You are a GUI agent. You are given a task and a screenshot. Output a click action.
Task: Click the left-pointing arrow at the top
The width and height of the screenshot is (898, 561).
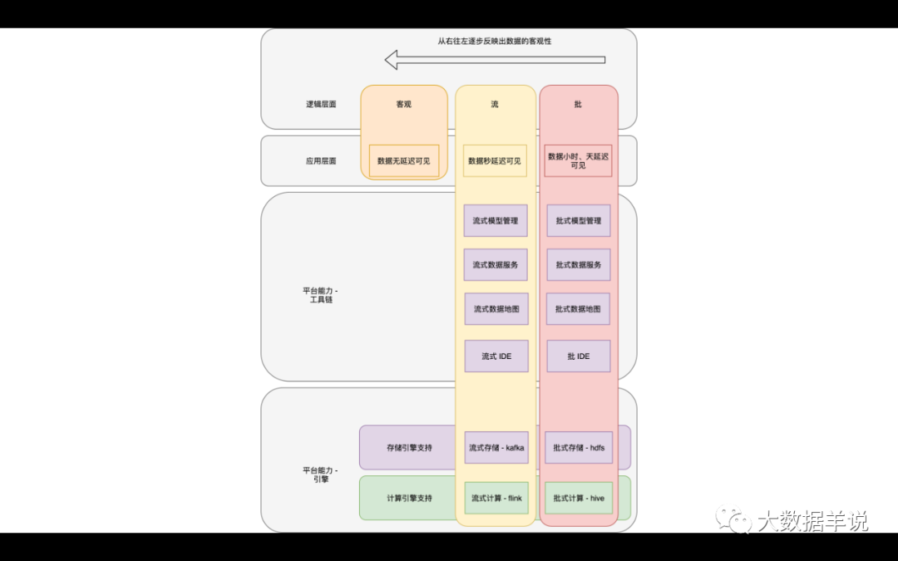(495, 60)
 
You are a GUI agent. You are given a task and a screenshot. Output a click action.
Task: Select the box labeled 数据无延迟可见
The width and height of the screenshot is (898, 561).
(404, 161)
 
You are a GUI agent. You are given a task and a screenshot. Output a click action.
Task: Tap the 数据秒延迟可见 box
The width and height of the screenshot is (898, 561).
(495, 161)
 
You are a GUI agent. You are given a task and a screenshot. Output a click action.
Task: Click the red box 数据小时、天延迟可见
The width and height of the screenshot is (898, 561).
(578, 161)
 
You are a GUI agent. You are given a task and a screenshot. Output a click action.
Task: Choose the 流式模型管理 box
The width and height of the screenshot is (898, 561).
(496, 220)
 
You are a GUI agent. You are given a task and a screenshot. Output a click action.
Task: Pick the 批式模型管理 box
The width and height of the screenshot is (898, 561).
(579, 220)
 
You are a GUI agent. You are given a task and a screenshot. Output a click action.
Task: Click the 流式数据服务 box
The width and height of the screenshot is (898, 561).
(496, 264)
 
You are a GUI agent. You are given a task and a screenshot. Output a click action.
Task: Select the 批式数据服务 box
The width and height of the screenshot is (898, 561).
(579, 264)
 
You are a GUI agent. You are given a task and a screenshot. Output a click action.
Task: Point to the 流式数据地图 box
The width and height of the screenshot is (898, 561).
(496, 309)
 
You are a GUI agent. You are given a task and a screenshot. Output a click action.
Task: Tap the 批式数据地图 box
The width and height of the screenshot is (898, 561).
(578, 309)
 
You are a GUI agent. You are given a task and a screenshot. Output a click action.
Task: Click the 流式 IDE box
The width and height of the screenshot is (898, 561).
(496, 356)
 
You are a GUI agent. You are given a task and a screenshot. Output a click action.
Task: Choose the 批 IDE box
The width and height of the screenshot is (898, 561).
(579, 356)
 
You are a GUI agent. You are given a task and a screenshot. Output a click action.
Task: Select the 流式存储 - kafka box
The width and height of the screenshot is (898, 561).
(496, 448)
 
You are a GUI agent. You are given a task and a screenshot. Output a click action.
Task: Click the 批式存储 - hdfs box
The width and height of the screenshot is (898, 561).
(579, 448)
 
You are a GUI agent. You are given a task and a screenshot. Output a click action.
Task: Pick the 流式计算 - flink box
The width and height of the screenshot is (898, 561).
(496, 498)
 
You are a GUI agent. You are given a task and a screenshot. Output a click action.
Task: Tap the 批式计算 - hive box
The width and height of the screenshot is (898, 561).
(579, 498)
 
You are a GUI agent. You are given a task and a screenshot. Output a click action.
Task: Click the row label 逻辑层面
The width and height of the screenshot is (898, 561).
(321, 104)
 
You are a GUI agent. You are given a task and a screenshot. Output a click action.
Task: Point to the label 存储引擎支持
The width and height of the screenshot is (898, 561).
(409, 448)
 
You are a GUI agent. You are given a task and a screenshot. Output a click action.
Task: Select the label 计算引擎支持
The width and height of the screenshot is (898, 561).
(409, 498)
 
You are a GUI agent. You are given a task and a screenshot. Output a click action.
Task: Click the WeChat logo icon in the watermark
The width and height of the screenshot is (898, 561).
(733, 519)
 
